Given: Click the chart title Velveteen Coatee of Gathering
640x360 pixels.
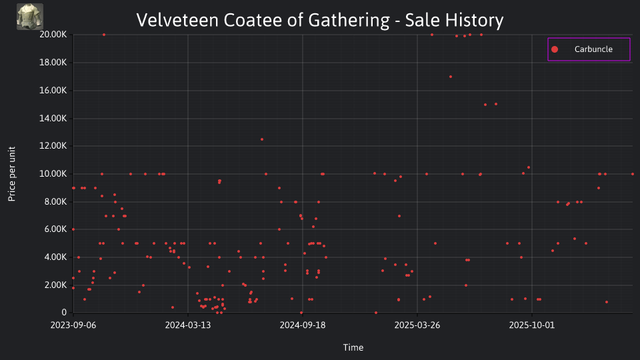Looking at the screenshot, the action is tap(263, 20).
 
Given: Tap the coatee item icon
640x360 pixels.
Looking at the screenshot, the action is tap(30, 17).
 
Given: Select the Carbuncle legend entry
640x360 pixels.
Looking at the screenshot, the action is tap(589, 49).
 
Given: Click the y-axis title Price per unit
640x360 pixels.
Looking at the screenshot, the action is tap(12, 174).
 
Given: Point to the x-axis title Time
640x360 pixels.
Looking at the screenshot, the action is tap(353, 347).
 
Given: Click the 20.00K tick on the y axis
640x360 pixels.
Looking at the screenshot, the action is tap(53, 35).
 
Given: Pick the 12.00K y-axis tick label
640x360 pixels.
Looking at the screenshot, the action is tap(53, 146).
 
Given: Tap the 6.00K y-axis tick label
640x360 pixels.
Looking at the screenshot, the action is tap(55, 229).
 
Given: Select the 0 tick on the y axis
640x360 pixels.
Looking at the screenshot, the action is tap(64, 313).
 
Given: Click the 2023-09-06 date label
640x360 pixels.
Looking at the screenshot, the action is tap(73, 325).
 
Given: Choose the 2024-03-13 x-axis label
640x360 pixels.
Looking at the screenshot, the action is tap(188, 325).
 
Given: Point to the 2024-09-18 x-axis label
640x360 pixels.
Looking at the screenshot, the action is tap(303, 325).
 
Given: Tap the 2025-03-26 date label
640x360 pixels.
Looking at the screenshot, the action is tap(417, 325).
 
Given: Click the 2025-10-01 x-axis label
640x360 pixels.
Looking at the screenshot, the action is tap(532, 325).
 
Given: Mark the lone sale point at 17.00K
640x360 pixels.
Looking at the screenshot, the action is tap(451, 77).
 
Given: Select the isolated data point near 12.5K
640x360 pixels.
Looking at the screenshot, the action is tap(262, 139).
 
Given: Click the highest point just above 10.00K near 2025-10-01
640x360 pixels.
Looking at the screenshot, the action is tap(529, 167).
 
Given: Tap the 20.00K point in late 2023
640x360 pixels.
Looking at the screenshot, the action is tap(104, 35).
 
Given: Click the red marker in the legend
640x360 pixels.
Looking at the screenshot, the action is tap(555, 49).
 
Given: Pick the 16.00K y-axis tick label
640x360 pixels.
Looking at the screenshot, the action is tap(53, 90).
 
